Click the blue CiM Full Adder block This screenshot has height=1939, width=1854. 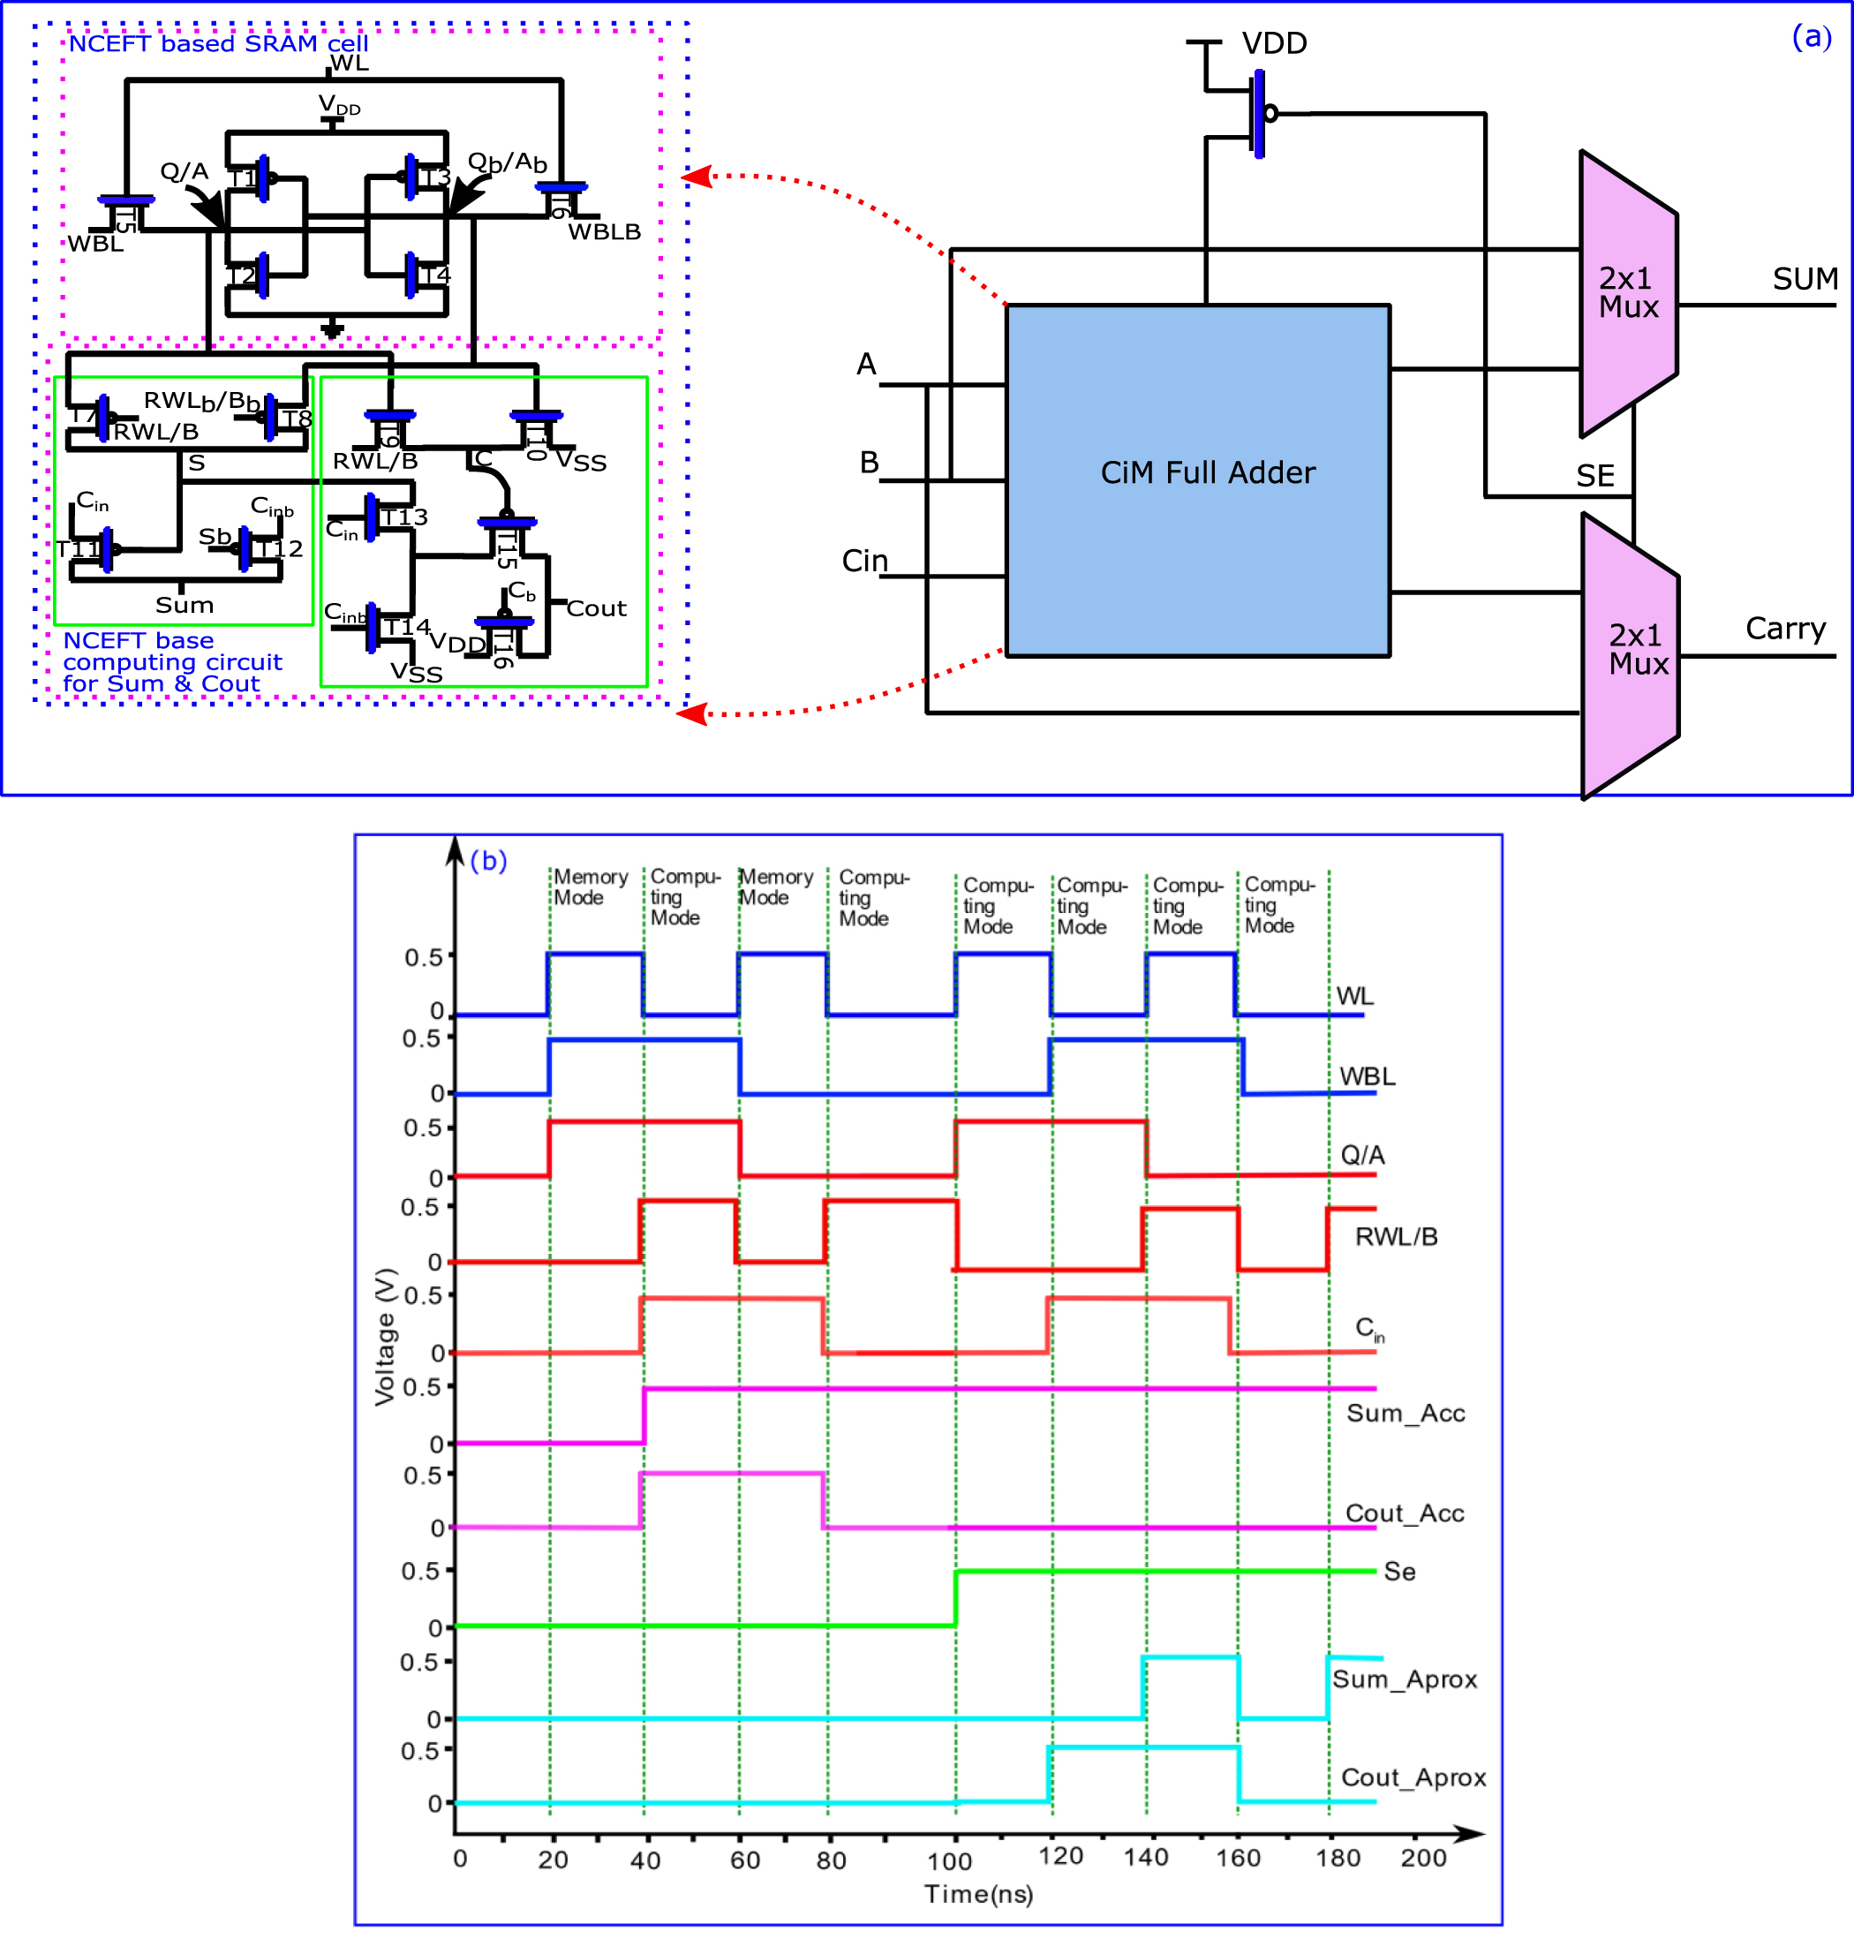(1197, 480)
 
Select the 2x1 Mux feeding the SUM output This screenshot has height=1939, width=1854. (1627, 293)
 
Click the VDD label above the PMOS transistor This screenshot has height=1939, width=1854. (1274, 43)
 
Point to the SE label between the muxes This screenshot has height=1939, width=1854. (1594, 476)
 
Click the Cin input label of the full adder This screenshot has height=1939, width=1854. (863, 562)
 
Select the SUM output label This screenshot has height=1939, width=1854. (1804, 280)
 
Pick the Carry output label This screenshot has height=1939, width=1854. (1784, 629)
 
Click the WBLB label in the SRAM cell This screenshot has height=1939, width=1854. (604, 232)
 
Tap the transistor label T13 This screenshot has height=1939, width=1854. (404, 517)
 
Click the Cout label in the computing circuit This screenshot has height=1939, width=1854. (596, 608)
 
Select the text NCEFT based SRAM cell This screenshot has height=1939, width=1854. (218, 43)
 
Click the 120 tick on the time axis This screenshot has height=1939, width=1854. (1059, 1856)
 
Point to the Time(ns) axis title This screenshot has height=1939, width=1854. (978, 1894)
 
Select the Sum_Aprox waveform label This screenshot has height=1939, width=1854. (1404, 1679)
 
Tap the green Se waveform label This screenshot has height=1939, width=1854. (1398, 1572)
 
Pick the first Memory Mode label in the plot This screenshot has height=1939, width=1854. (590, 887)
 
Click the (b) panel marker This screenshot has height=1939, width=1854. (488, 861)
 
